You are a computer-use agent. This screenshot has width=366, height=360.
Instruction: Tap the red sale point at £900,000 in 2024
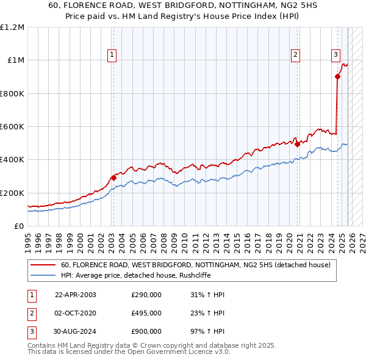(x=337, y=77)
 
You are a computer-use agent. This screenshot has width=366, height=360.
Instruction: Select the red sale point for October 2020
(x=297, y=145)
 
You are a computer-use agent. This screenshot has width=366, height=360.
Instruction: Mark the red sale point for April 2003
(x=113, y=178)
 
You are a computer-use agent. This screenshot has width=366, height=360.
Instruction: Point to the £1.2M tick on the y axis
(x=12, y=27)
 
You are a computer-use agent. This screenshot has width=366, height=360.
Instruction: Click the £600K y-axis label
(x=12, y=127)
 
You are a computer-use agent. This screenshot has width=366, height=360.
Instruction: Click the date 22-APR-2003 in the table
(x=76, y=295)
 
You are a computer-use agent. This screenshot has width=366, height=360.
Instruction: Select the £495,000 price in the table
(x=146, y=313)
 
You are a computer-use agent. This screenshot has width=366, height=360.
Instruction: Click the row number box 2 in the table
(x=30, y=313)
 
